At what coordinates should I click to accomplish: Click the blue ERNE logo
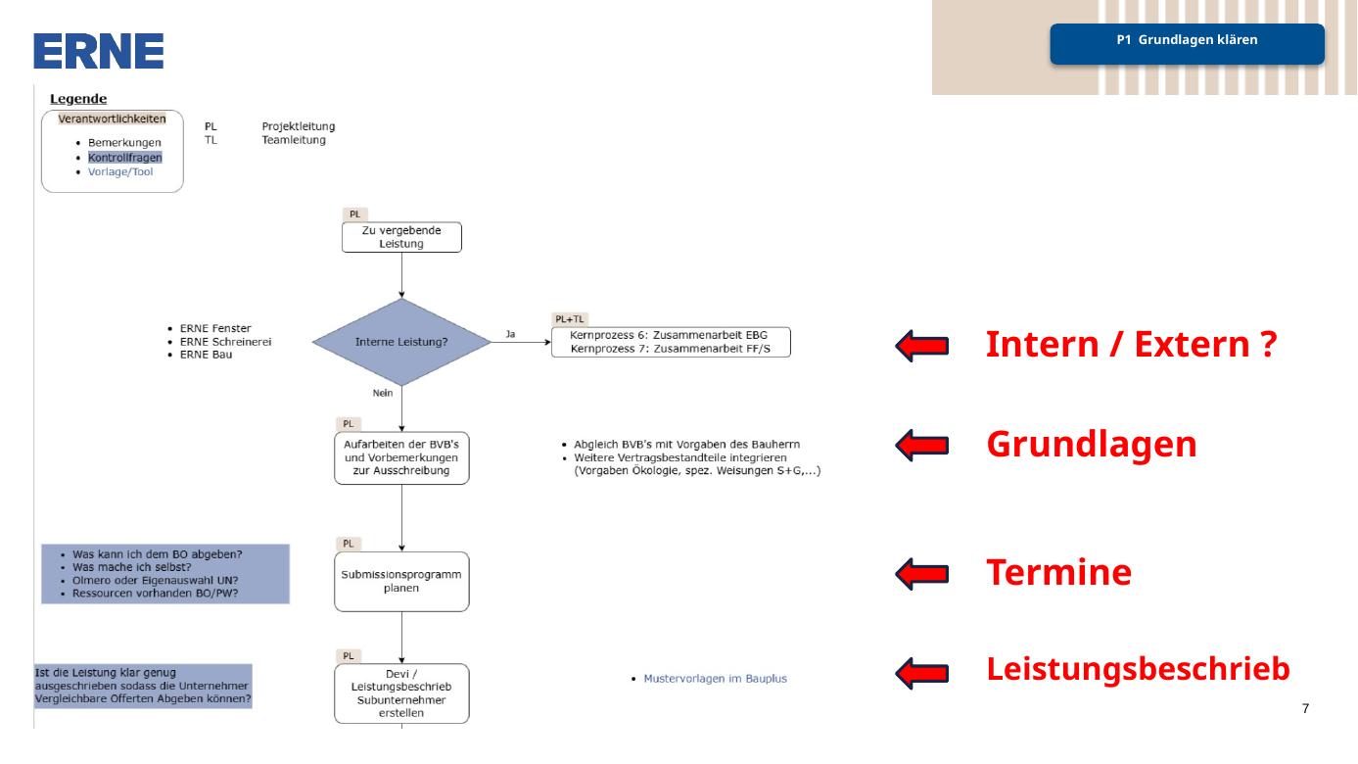(98, 51)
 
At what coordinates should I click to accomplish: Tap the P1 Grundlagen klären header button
(1187, 44)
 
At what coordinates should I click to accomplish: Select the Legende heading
(78, 98)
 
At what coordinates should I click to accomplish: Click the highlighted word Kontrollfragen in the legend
(125, 158)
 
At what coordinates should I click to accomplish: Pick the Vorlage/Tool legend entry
(120, 171)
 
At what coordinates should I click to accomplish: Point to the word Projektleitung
(299, 126)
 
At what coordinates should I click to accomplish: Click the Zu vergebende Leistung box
(401, 237)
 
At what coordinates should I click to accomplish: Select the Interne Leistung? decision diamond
(401, 342)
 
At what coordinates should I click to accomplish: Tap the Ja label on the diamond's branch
(510, 334)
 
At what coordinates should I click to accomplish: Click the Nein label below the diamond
(383, 393)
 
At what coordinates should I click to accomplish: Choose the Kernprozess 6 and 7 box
(671, 342)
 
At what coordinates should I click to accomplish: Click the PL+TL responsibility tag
(569, 319)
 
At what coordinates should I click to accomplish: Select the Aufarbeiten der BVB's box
(401, 457)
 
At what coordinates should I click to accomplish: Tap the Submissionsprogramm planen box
(401, 582)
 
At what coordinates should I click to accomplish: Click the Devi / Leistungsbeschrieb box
(401, 693)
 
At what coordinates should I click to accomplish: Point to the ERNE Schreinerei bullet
(225, 342)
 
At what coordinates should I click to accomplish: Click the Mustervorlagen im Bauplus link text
(715, 679)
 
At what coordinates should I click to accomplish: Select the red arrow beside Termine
(922, 574)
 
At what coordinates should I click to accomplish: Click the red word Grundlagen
(1092, 445)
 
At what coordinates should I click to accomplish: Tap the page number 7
(1305, 708)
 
